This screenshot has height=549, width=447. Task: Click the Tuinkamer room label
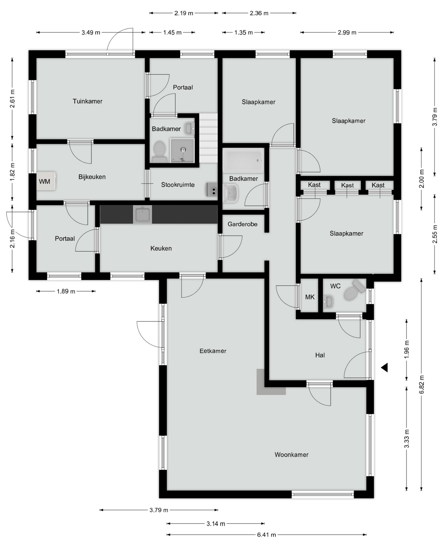coord(88,101)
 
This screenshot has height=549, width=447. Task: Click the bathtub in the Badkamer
coord(243,160)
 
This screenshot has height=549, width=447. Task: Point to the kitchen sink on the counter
coord(143,215)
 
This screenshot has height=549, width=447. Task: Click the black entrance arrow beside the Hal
coord(384,368)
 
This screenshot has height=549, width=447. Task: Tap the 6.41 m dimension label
coord(267,535)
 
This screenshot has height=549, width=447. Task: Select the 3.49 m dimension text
coord(91,33)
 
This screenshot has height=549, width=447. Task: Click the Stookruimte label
coord(178,185)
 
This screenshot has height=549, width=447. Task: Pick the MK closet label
coord(310,297)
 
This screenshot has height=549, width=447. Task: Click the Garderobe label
coord(243,224)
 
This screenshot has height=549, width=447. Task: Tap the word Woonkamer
coord(292,455)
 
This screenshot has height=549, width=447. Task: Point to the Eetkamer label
coord(213,351)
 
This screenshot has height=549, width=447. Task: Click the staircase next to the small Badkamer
coord(208,138)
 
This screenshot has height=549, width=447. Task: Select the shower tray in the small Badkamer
coord(182,150)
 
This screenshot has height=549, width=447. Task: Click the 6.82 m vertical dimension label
coord(422,384)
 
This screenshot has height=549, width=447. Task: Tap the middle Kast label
coord(348,185)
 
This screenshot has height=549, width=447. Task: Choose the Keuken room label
coord(161,248)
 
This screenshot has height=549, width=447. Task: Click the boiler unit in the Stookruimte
coord(212,190)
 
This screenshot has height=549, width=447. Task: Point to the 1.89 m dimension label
coord(66,291)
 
